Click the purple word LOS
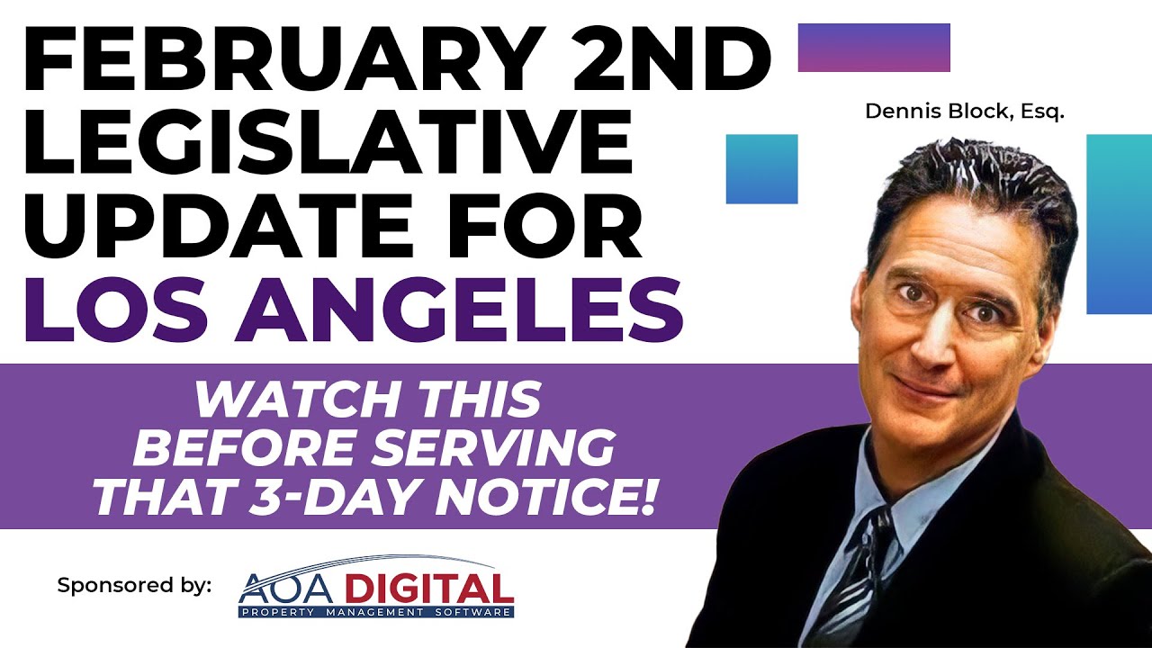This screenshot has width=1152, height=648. [x=112, y=309]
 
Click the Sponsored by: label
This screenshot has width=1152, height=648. [x=134, y=585]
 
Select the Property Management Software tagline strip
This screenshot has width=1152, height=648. [x=375, y=612]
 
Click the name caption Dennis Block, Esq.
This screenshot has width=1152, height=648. [x=964, y=112]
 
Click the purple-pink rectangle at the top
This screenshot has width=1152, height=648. [x=874, y=48]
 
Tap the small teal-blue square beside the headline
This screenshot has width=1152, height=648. [x=761, y=169]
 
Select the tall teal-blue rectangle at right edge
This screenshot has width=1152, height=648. [x=1119, y=223]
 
